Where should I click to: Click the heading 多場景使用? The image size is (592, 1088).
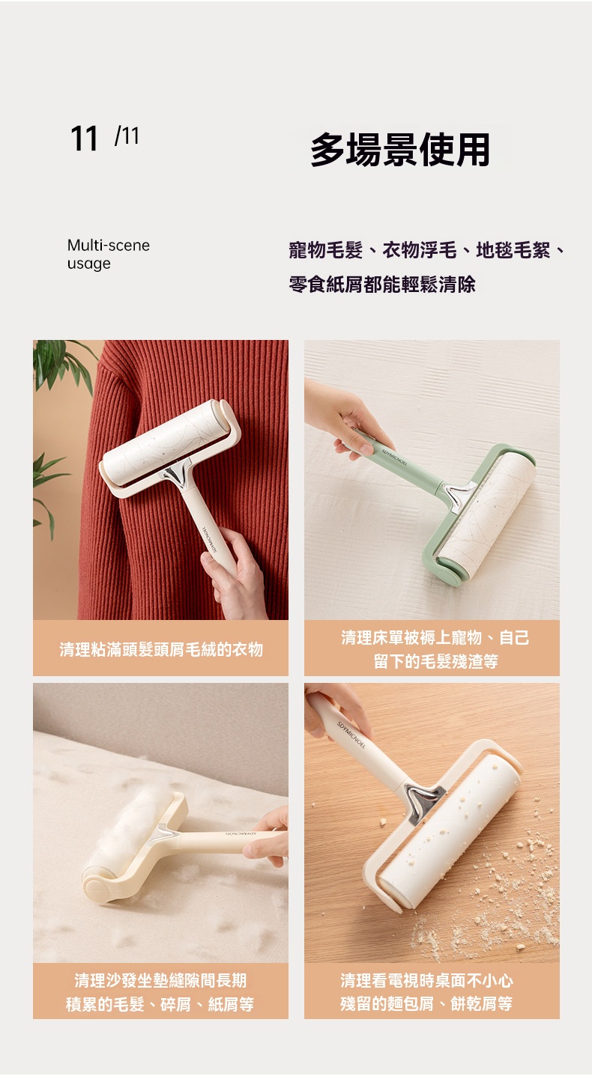click(x=399, y=149)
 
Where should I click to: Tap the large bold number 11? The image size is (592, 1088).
click(x=84, y=139)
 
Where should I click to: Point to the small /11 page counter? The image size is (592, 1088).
click(x=127, y=136)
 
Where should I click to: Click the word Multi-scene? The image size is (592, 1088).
click(x=109, y=246)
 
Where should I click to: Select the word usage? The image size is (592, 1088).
click(x=89, y=264)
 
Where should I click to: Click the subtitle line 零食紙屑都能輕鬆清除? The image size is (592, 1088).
click(x=382, y=284)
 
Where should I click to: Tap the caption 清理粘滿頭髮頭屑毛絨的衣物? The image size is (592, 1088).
click(x=161, y=649)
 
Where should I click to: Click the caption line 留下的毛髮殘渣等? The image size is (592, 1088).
click(x=436, y=660)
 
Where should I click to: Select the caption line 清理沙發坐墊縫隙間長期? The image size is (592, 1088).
click(x=161, y=980)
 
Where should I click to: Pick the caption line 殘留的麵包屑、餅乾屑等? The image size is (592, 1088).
click(x=426, y=1003)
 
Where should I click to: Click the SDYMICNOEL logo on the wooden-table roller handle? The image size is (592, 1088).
click(x=351, y=735)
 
